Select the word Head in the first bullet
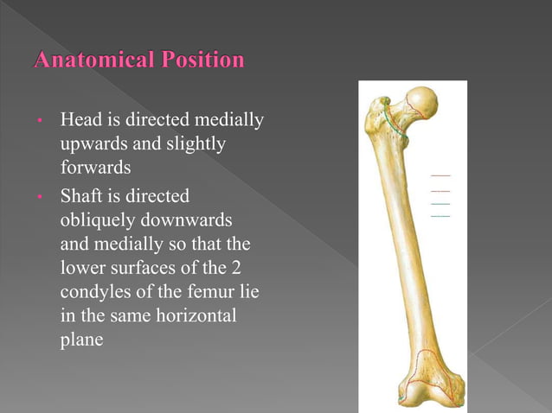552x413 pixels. pyautogui.click(x=79, y=118)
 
